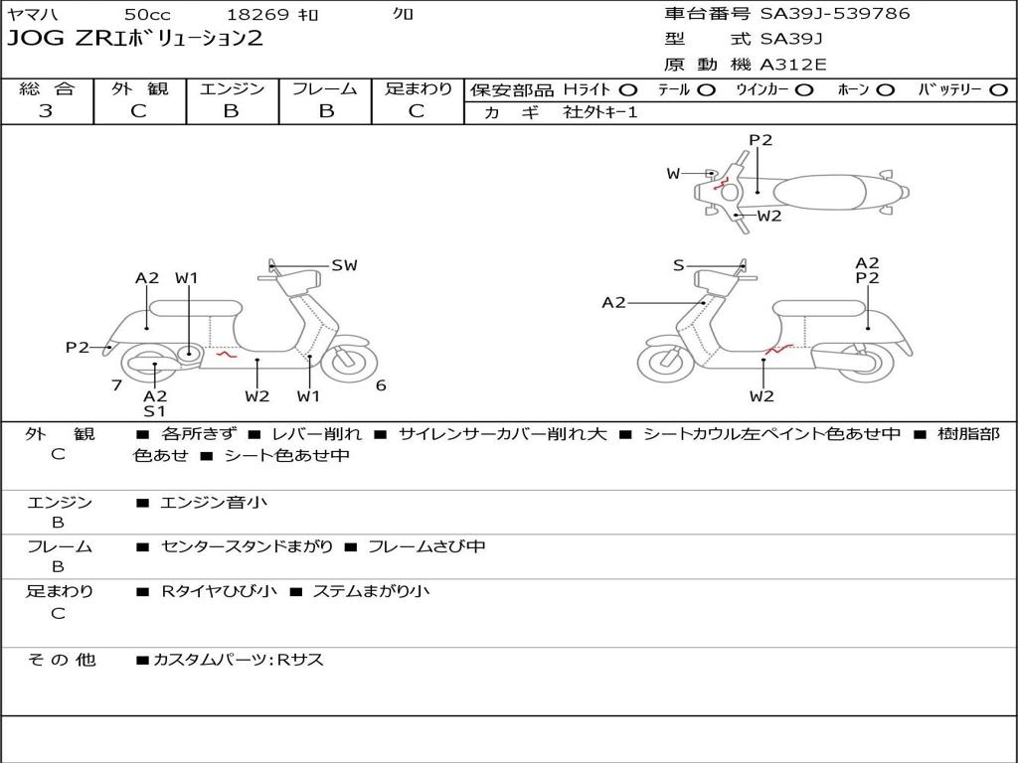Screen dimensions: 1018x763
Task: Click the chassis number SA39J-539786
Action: tap(835, 13)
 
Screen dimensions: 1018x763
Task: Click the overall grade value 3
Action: tap(46, 111)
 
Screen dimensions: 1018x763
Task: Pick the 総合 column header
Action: tap(47, 88)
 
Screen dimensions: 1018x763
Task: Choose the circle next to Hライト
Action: tap(628, 90)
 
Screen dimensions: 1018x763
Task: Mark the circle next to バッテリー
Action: tap(998, 90)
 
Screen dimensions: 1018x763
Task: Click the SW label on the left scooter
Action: tap(344, 265)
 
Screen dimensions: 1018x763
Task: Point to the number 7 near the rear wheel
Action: tap(117, 385)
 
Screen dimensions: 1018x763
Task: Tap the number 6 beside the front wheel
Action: tap(381, 385)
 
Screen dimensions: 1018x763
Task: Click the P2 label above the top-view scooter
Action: tap(761, 140)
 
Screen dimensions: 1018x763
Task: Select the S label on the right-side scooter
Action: tap(678, 265)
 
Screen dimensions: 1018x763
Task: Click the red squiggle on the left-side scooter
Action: tap(227, 355)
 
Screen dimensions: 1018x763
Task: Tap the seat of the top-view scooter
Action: tap(820, 192)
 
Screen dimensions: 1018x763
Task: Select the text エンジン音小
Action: tap(213, 502)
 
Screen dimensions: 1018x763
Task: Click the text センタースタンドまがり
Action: tap(247, 547)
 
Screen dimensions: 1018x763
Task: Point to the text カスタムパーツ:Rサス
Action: tap(238, 660)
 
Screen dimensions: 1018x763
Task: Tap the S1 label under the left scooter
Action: tap(154, 410)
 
